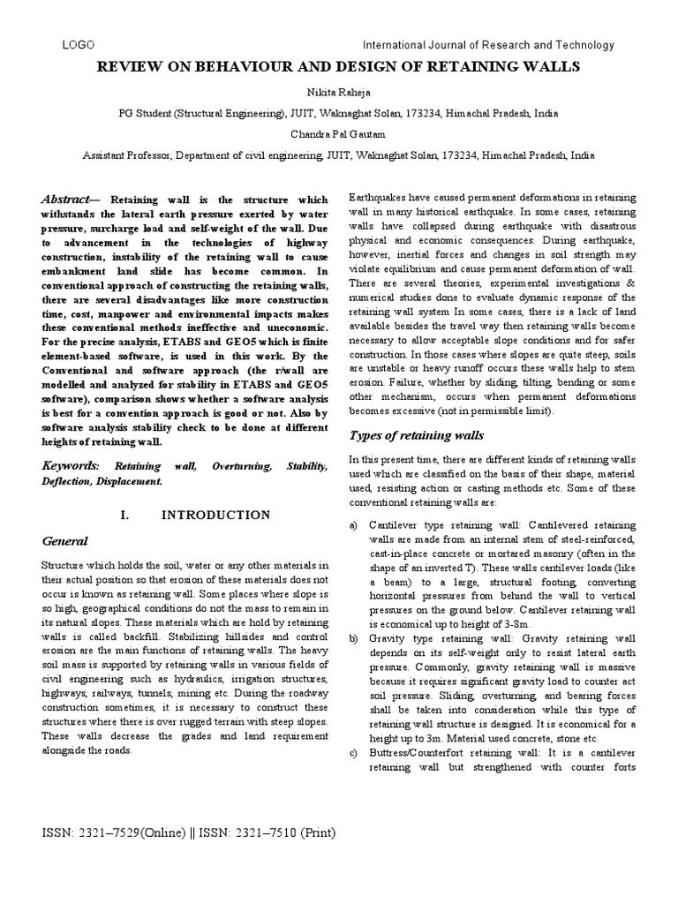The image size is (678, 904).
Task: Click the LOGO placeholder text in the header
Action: click(x=79, y=45)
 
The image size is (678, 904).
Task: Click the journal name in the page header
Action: click(x=489, y=45)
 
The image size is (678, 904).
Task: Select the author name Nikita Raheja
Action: click(x=338, y=91)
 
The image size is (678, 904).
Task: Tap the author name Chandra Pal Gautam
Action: click(x=338, y=134)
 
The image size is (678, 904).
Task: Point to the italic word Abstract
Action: click(x=69, y=200)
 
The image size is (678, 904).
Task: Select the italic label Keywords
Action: click(x=70, y=465)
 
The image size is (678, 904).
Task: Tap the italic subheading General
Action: click(x=64, y=540)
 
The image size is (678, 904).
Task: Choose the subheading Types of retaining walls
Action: click(x=405, y=435)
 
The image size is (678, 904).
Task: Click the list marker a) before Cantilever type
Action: click(x=354, y=525)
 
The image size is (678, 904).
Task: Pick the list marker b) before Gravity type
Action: click(x=354, y=638)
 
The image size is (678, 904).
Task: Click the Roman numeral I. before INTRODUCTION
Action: click(x=123, y=515)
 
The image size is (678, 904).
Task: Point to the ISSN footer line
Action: click(x=188, y=832)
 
